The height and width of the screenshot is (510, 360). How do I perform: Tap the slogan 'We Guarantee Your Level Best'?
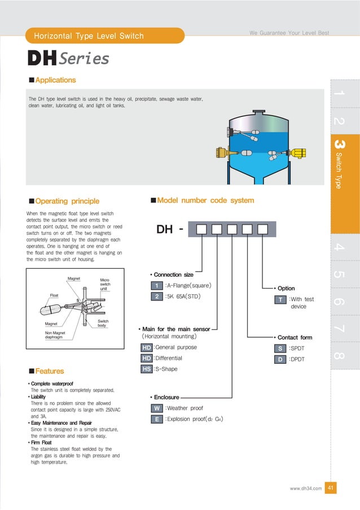[289, 33]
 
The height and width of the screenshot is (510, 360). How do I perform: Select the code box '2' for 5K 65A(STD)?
[157, 296]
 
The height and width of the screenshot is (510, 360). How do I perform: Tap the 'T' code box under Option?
[280, 300]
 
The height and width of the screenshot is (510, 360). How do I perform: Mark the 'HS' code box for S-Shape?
[147, 369]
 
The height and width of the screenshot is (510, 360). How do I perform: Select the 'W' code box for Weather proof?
[157, 408]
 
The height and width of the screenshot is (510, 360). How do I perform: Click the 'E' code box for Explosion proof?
[157, 419]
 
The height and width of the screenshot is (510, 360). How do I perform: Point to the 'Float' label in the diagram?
[54, 295]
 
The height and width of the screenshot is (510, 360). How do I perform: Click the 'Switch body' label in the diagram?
[102, 323]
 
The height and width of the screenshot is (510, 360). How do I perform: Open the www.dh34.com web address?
[305, 489]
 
